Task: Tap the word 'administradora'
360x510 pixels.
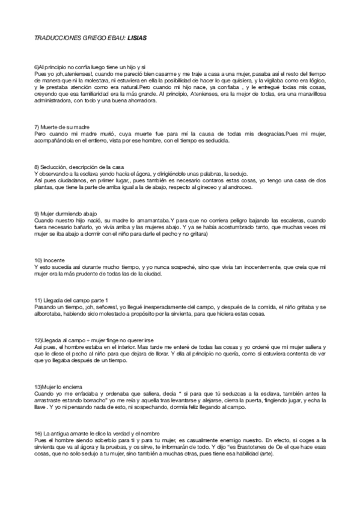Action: pyautogui.click(x=55, y=100)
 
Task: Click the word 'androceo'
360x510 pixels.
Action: pyautogui.click(x=241, y=188)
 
